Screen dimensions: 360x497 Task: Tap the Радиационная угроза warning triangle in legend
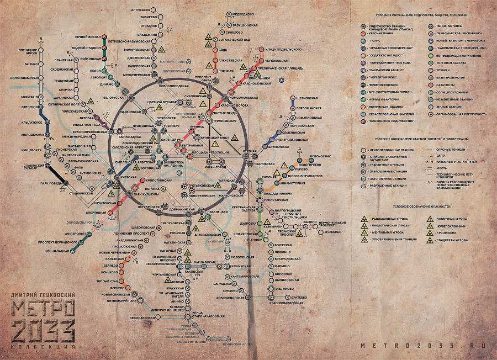point(364,219)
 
